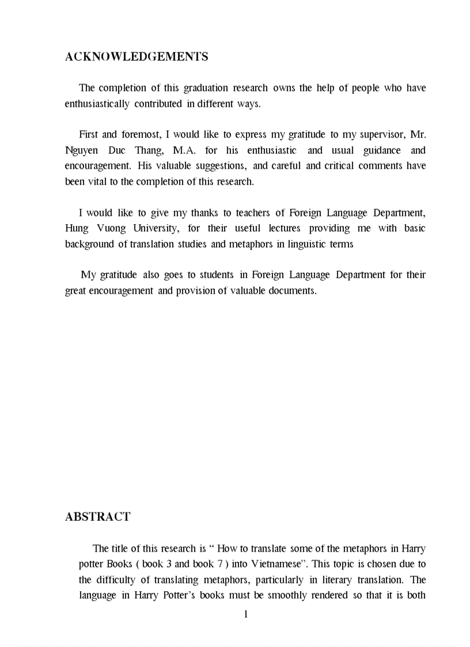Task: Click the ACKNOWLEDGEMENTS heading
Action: pyautogui.click(x=137, y=56)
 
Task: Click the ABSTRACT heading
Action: pyautogui.click(x=98, y=517)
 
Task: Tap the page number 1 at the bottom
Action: pyautogui.click(x=246, y=614)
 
